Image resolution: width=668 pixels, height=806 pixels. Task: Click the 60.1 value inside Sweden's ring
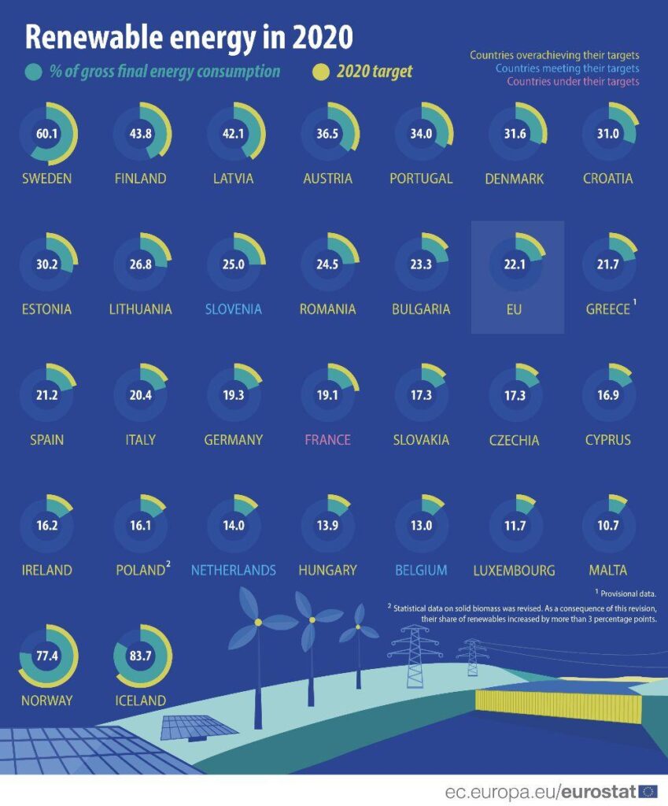point(47,133)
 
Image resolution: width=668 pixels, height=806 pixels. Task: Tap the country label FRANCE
point(327,439)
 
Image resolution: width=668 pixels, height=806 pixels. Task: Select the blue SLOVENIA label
point(234,309)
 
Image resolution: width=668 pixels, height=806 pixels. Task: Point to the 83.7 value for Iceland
point(142,654)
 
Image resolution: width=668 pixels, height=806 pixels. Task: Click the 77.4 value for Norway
point(47,654)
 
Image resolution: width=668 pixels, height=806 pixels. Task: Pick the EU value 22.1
point(517,264)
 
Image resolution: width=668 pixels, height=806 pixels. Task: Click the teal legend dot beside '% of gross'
point(33,72)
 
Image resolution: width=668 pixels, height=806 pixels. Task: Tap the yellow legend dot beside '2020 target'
point(320,72)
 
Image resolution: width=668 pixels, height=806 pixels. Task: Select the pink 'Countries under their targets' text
point(573,81)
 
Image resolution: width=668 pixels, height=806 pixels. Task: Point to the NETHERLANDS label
point(234,570)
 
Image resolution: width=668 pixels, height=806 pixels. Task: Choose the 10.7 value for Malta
point(608,526)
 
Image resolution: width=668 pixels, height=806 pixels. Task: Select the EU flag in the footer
point(648,790)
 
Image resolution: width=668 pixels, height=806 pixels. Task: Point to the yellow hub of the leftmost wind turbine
point(257,623)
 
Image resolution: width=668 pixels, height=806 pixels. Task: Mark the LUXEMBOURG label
point(514,570)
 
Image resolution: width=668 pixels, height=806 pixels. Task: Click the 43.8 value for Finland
point(142,133)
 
